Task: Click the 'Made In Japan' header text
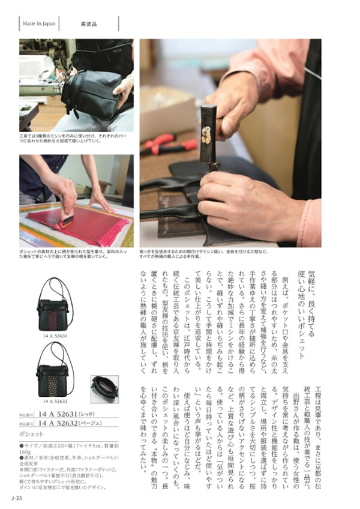tap(40, 24)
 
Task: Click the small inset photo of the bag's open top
tap(104, 389)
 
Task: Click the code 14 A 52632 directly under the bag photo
tap(55, 401)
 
